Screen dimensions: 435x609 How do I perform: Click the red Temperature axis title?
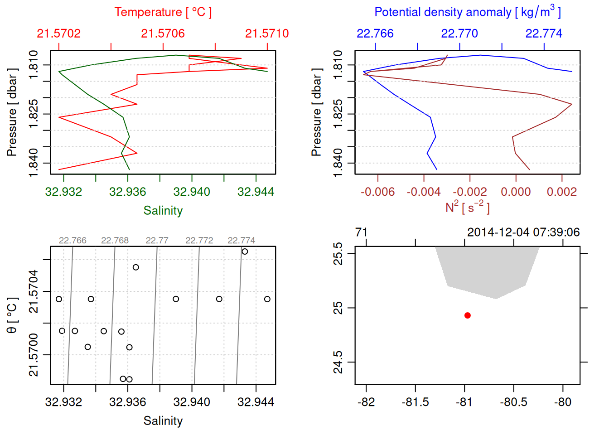(x=163, y=12)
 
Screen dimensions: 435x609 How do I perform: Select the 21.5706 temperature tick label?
(x=163, y=34)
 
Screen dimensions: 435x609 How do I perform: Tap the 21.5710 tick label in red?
(x=267, y=34)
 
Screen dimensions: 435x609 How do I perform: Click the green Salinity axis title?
(x=163, y=211)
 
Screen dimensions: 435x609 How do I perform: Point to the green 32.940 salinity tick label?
(x=192, y=192)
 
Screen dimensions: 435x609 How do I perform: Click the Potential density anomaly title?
(x=467, y=12)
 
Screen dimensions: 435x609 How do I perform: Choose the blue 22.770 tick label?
(x=459, y=34)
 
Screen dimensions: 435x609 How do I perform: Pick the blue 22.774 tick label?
(x=544, y=34)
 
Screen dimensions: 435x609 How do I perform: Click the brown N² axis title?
(x=467, y=207)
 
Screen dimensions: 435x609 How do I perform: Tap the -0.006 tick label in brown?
(x=377, y=192)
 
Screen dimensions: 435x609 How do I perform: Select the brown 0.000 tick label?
(x=516, y=192)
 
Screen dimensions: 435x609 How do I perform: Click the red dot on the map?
(x=468, y=315)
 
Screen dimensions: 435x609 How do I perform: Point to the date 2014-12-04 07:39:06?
(x=523, y=232)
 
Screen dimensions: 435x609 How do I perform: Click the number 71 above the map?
(x=361, y=232)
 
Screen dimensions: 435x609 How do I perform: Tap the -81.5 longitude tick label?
(x=415, y=402)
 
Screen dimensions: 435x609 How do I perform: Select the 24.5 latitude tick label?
(x=338, y=362)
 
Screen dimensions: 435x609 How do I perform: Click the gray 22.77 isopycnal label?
(x=157, y=241)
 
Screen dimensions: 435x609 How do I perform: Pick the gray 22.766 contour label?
(x=72, y=241)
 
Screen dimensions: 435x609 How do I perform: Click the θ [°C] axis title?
(x=12, y=315)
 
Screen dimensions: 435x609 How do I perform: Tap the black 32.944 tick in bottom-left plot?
(x=256, y=402)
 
